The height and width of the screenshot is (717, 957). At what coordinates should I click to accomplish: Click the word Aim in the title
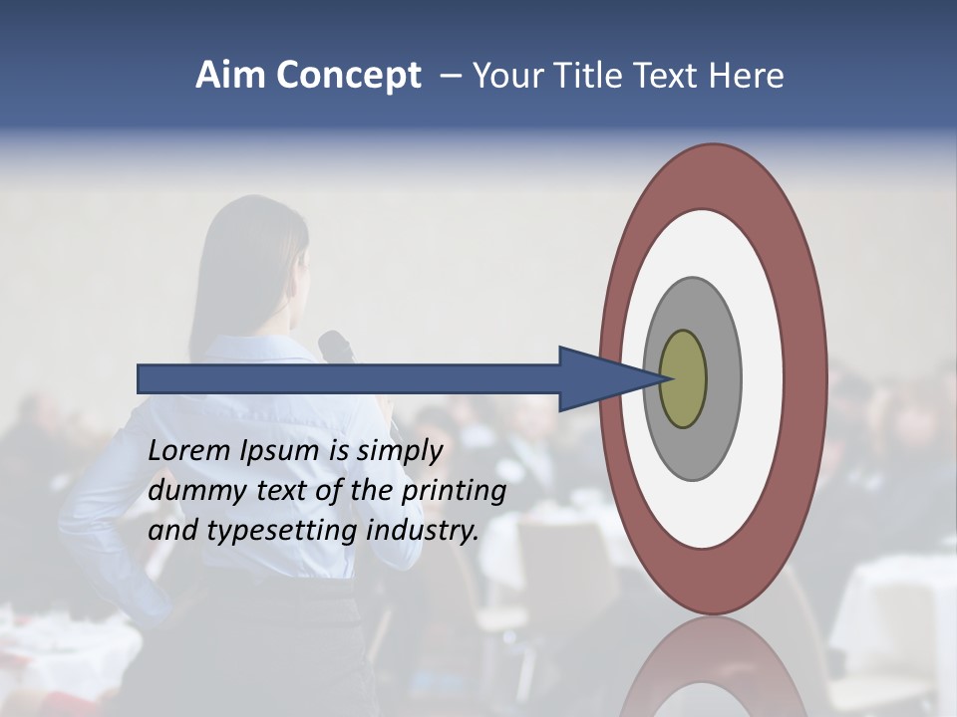(229, 76)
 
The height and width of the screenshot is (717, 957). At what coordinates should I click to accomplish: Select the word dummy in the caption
(192, 491)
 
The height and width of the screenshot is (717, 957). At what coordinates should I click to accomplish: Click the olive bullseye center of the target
(684, 378)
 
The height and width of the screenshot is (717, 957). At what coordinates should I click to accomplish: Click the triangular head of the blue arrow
(598, 378)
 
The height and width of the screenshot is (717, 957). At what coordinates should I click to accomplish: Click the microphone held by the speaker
(336, 348)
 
